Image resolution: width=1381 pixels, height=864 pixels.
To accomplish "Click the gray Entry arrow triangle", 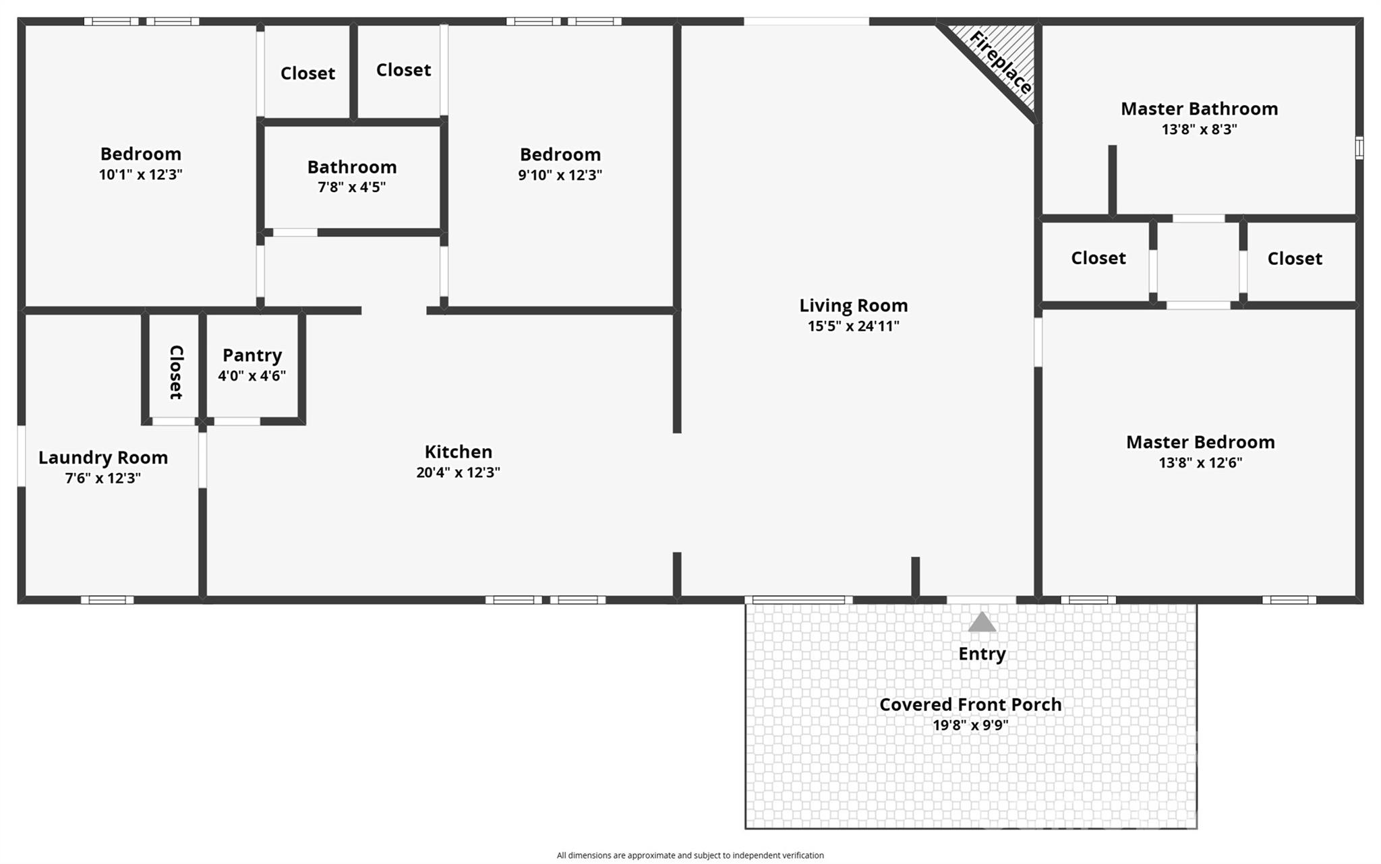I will tap(982, 623).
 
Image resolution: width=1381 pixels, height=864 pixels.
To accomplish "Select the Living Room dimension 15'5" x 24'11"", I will tap(853, 326).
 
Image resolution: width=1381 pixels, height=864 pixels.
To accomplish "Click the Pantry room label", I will tap(252, 355).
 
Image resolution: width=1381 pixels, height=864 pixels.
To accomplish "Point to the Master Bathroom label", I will tap(1199, 109).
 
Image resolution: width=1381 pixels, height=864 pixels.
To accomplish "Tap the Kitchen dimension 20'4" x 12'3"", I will tap(458, 472).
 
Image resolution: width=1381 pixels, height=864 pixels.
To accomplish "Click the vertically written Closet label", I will tap(175, 372).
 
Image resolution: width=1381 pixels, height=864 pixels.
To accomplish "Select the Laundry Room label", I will tap(103, 458).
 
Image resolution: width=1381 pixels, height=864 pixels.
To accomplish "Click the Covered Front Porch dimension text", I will tap(970, 725).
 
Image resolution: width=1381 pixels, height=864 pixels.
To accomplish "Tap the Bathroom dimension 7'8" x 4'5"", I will tap(351, 187).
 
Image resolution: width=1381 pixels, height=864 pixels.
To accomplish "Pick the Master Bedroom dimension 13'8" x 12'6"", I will tap(1200, 463).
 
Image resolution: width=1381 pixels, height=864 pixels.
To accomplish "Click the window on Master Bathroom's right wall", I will tap(1359, 148).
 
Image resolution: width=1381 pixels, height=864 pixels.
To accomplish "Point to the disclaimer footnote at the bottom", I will tap(690, 855).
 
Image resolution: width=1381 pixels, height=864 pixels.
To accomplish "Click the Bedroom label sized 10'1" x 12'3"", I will tap(140, 154).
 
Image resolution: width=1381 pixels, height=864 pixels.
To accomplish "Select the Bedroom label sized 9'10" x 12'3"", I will tap(560, 154).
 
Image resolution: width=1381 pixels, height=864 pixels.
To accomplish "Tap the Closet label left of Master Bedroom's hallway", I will tap(1098, 258).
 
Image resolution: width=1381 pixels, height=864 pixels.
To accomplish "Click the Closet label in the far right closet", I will tap(1294, 259).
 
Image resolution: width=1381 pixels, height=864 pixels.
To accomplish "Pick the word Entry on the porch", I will tap(982, 654).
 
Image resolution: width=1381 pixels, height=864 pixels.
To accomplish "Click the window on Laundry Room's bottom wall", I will tap(107, 600).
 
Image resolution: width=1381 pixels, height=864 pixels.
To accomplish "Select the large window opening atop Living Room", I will tap(806, 22).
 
